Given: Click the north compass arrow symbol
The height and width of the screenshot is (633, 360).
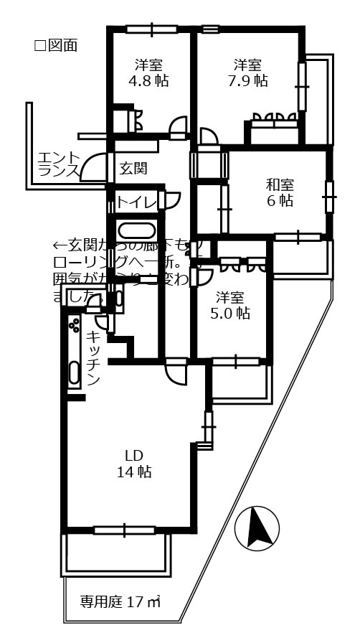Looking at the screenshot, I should [x=257, y=529].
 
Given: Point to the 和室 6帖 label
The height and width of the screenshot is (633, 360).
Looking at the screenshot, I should [x=280, y=192].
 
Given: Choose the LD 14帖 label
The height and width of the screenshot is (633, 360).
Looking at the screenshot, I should [x=134, y=463].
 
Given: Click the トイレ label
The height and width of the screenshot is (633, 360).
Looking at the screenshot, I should [x=136, y=202].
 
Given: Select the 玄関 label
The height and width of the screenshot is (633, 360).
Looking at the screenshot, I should [x=133, y=169].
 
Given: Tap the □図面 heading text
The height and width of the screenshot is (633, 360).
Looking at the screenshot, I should [x=56, y=46].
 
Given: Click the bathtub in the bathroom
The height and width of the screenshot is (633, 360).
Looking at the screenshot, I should [x=135, y=231].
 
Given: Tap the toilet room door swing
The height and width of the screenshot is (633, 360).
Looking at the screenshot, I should [x=173, y=200].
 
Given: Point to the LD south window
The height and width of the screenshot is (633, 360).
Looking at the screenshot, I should [x=124, y=530].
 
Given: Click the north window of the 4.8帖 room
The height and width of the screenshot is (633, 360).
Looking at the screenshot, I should [x=151, y=29].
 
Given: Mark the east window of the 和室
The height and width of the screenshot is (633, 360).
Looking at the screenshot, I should [x=329, y=197].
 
